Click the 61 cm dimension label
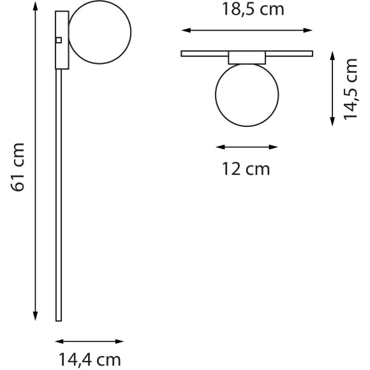coord(19,166)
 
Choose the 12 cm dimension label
coord(246,169)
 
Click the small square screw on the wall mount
coord(59,40)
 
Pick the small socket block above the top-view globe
coord(246,57)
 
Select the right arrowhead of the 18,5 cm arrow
coord(310,29)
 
